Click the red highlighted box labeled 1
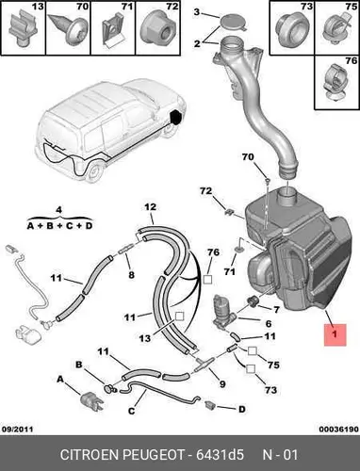pos(335,334)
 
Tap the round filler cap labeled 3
pos(233,23)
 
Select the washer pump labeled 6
pos(223,311)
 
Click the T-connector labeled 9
pos(205,365)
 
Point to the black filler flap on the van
pos(175,117)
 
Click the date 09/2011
pos(17,429)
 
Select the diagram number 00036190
pos(339,429)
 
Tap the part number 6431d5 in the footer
pos(220,454)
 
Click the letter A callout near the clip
pos(60,380)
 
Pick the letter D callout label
pos(242,409)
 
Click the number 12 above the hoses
pos(151,207)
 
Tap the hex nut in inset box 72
pos(157,27)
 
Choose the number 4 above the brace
pos(59,209)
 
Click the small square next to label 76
pos(207,280)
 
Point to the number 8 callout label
pos(131,275)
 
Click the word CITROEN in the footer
pos(90,454)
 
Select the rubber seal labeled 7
pos(253,300)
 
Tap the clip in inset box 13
pos(22,28)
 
